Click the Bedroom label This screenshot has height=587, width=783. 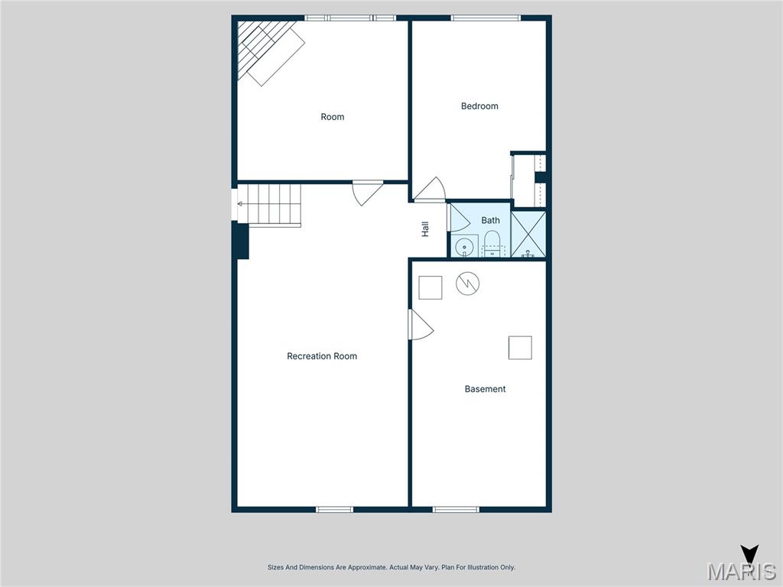coord(479,106)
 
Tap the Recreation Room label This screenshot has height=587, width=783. coord(322,356)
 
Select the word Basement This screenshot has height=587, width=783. coord(485,389)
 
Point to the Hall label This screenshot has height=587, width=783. coord(425,229)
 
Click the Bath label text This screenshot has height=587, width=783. coord(490,220)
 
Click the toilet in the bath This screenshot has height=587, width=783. coord(492,244)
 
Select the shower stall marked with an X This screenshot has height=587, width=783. coord(528,234)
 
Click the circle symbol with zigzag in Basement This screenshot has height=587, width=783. coord(467,284)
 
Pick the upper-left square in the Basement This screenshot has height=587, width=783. coord(430,287)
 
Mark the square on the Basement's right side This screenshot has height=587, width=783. coord(520,348)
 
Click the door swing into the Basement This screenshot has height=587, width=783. coord(420,326)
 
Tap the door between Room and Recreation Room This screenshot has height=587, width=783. coord(366,192)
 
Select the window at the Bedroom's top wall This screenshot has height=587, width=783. coord(486,18)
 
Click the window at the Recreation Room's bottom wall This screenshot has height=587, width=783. coord(335,509)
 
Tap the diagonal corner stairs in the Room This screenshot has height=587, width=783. coord(268,50)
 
